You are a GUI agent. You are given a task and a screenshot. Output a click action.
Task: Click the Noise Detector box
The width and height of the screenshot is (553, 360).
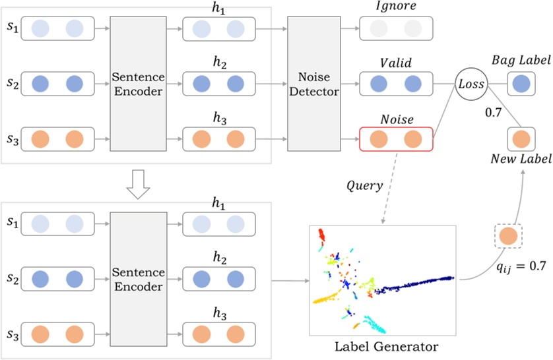point(314,84)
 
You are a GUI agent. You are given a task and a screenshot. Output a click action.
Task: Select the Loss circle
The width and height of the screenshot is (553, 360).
point(471,84)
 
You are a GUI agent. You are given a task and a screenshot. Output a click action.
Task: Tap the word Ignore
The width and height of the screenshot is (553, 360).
point(396,6)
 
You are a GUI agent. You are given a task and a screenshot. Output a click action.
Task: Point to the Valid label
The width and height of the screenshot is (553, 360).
point(396,63)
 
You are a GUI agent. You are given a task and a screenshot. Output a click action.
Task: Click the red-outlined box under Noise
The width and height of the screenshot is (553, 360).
point(396,139)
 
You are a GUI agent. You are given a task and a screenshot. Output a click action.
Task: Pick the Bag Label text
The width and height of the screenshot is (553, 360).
point(521,61)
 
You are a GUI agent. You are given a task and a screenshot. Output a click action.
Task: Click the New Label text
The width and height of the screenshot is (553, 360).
point(521,159)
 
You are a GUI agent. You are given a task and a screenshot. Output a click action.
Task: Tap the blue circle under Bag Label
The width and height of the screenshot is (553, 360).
point(521,84)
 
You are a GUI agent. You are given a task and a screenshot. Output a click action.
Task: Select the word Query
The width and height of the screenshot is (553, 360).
point(364,186)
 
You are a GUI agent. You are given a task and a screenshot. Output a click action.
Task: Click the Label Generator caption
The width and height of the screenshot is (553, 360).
point(386,347)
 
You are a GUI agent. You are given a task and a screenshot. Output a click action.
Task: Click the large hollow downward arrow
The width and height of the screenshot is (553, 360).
point(138,185)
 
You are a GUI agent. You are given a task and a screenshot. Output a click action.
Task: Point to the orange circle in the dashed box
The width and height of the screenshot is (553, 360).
point(508,236)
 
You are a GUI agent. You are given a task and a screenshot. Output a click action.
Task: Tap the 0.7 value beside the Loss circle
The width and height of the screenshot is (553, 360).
point(494,112)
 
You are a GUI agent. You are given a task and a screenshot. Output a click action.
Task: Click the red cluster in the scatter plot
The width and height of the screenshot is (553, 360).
point(321,235)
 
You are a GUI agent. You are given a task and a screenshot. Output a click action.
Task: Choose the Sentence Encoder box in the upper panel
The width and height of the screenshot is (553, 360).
point(139,84)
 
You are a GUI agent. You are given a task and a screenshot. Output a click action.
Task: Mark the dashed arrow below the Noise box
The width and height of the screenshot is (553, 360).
point(390,188)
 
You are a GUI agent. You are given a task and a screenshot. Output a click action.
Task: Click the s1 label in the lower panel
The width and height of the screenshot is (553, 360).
point(13,222)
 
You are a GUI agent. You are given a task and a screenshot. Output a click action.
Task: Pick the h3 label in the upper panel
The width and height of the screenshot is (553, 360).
point(219,119)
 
